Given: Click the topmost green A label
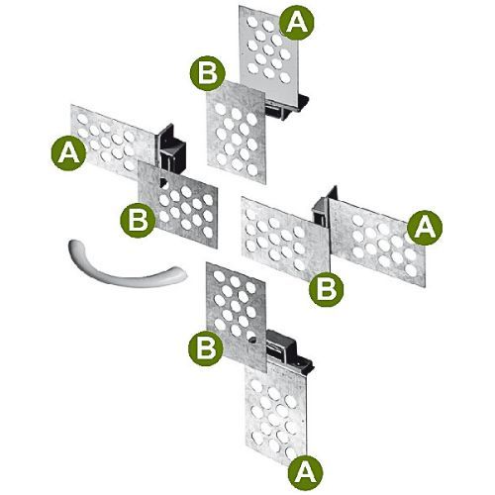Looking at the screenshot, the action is [297, 23].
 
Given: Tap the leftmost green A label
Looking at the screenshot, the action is [68, 153].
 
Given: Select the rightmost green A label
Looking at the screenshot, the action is [425, 228].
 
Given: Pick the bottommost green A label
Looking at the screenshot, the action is [305, 473].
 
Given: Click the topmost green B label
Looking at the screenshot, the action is [207, 73].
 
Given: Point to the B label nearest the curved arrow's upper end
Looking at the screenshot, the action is [138, 220].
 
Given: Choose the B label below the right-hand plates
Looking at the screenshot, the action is [326, 289].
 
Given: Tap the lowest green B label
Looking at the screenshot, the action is [206, 348].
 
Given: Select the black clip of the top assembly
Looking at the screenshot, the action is [287, 106].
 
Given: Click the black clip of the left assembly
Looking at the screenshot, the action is [171, 148].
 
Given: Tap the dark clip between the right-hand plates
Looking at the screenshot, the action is [324, 208].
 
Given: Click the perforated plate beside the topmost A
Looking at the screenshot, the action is [269, 52].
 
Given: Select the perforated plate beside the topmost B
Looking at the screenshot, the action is [236, 132].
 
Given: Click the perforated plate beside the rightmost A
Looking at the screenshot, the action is [378, 243].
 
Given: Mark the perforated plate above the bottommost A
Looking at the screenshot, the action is [275, 413].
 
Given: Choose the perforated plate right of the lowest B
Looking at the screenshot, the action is [236, 314].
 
